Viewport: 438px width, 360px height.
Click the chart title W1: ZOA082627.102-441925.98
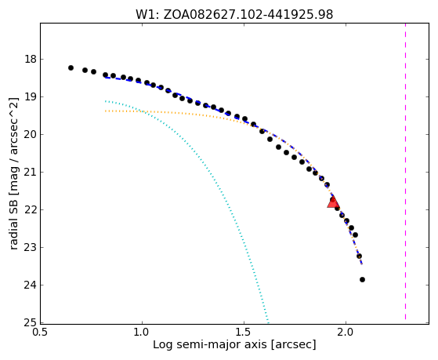click(234, 14)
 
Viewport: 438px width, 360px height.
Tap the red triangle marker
click(333, 202)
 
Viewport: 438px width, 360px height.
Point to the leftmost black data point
click(71, 67)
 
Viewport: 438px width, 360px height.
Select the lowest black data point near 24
click(362, 279)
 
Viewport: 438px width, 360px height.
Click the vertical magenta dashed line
click(405, 172)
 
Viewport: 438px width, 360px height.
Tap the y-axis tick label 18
click(30, 60)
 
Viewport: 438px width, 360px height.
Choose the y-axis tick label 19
click(30, 97)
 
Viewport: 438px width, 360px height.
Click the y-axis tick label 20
click(30, 135)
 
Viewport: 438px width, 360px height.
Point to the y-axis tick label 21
click(30, 172)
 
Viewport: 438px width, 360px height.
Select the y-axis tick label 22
click(30, 209)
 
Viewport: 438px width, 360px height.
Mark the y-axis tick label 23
click(30, 248)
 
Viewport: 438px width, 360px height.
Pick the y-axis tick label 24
click(30, 285)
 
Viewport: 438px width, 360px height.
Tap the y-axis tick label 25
click(30, 323)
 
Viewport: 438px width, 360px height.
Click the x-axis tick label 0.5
click(41, 333)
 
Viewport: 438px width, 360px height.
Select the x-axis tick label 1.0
click(143, 333)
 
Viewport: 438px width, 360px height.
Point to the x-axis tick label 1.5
click(244, 333)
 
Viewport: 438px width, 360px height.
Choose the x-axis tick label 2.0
click(346, 333)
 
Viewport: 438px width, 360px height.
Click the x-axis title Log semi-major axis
click(209, 344)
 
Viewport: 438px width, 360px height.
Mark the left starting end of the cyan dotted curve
click(106, 101)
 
